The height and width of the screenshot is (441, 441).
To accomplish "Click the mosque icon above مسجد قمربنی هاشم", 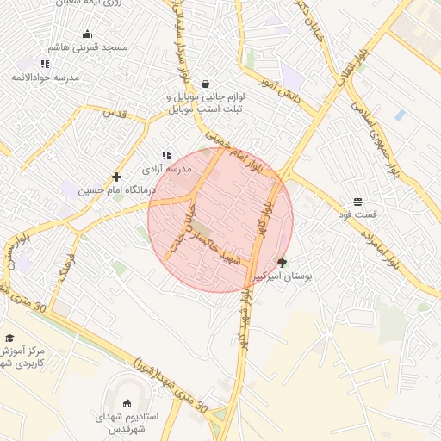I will pyautogui.click(x=87, y=34).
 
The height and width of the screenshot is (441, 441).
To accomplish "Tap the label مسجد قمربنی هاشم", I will pyautogui.click(x=88, y=47).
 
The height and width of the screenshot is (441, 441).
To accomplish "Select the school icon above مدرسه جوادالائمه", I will pyautogui.click(x=45, y=65).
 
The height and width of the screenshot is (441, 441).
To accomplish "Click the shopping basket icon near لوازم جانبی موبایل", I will pyautogui.click(x=205, y=84).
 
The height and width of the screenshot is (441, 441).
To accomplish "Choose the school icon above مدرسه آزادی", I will pyautogui.click(x=165, y=155).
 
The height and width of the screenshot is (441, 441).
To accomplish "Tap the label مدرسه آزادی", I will pyautogui.click(x=165, y=169).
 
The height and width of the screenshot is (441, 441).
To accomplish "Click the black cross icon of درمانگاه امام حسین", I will pyautogui.click(x=116, y=177).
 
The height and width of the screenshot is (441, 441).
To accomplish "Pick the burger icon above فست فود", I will pyautogui.click(x=357, y=200).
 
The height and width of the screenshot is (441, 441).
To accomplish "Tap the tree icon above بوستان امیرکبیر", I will pyautogui.click(x=283, y=263).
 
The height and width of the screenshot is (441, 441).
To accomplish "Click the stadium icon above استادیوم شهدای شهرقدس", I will pyautogui.click(x=128, y=403).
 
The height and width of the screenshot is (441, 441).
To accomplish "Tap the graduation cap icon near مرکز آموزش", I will pyautogui.click(x=9, y=339).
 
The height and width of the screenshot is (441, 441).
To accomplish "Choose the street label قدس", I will pyautogui.click(x=115, y=113).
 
